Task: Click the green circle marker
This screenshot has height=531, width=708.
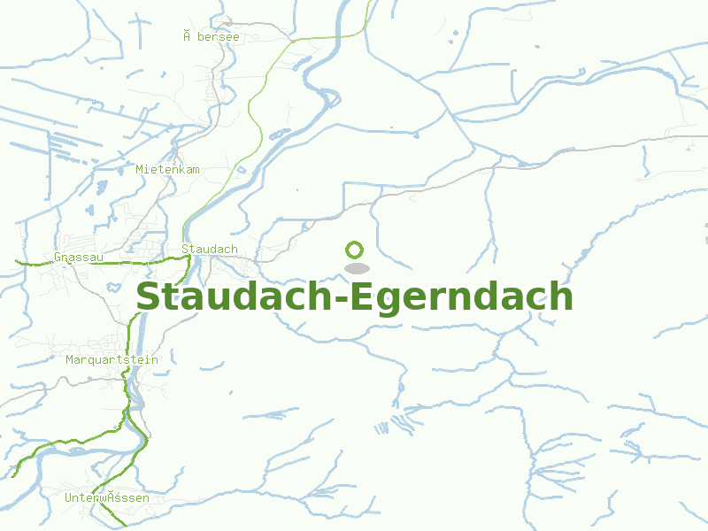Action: [x=355, y=250]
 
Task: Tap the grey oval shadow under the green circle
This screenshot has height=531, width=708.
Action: [x=356, y=268]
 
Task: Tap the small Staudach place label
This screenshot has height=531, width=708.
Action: [x=209, y=249]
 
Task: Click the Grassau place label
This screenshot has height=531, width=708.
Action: [x=79, y=258]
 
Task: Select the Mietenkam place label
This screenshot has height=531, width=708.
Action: [x=167, y=169]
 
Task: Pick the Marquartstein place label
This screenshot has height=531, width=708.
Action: [x=112, y=359]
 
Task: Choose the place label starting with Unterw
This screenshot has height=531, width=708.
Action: [x=106, y=498]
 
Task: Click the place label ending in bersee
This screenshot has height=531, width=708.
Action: [x=212, y=36]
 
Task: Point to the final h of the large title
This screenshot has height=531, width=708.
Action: [x=561, y=296]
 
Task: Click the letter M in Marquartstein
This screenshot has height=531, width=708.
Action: [x=70, y=359]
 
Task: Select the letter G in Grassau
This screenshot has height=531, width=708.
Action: [x=58, y=258]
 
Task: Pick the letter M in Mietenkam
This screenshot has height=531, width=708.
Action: [x=140, y=169]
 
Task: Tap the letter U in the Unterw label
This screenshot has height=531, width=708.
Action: [x=68, y=498]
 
